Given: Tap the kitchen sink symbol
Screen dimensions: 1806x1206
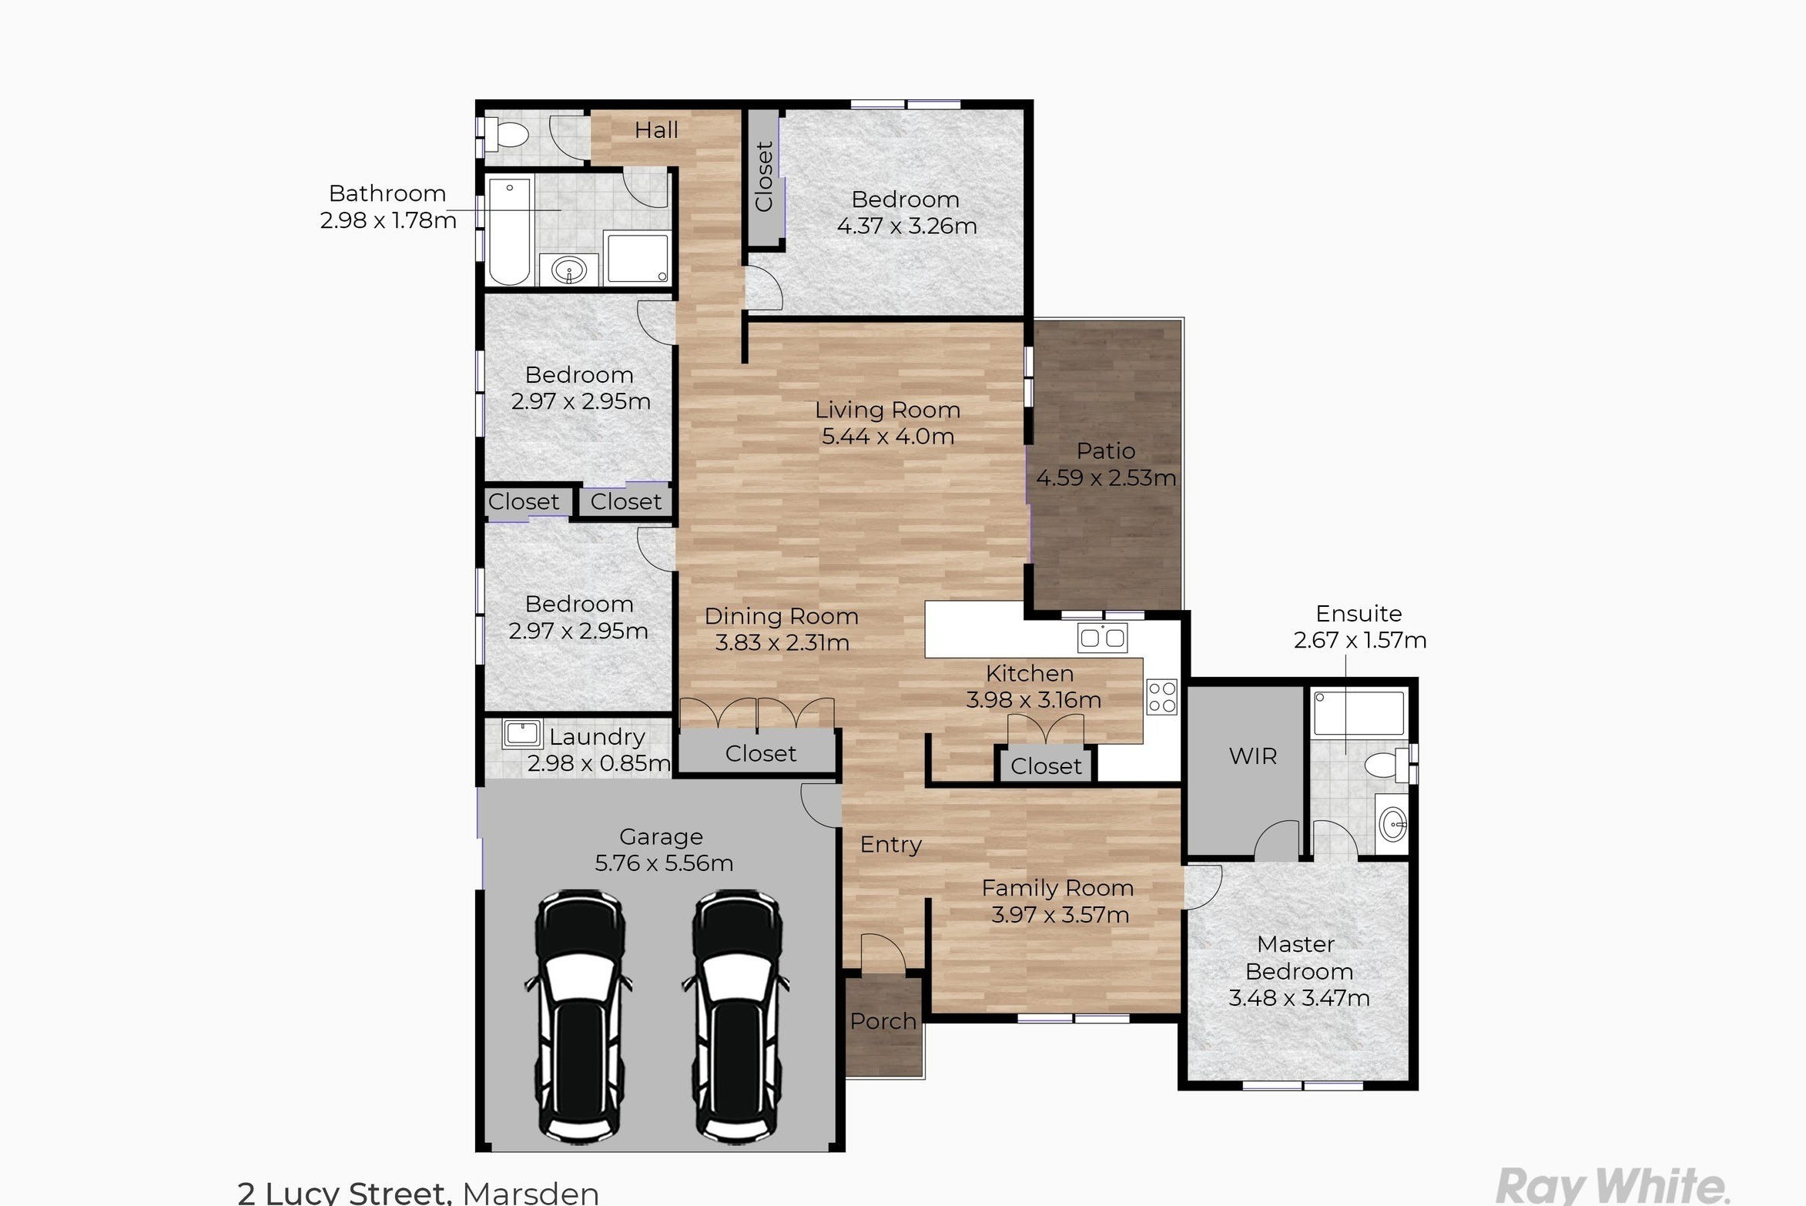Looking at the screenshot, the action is point(1102,638).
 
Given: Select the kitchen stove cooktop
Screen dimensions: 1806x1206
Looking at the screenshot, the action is point(1161,697).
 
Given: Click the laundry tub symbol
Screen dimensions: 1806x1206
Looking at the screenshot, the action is point(521,734).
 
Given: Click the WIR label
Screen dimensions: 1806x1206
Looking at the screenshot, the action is point(1252,756).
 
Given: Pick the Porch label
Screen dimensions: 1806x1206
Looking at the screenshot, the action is point(883,1021).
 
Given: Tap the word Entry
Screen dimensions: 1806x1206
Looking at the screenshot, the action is point(891,845).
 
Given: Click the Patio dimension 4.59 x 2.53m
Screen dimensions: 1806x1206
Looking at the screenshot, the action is point(1106,477).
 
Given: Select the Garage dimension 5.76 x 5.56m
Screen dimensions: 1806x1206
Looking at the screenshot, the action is point(664,863).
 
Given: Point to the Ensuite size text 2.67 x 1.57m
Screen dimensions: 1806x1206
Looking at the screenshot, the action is point(1360,640).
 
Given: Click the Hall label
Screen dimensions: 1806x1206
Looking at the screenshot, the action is point(656,130).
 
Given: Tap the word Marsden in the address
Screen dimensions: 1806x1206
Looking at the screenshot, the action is point(531,1193).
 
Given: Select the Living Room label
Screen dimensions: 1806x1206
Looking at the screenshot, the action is point(888,410).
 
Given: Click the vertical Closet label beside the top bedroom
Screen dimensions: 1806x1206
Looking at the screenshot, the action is point(764,176).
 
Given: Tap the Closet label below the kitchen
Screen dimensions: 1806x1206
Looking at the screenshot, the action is point(1046,766).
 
